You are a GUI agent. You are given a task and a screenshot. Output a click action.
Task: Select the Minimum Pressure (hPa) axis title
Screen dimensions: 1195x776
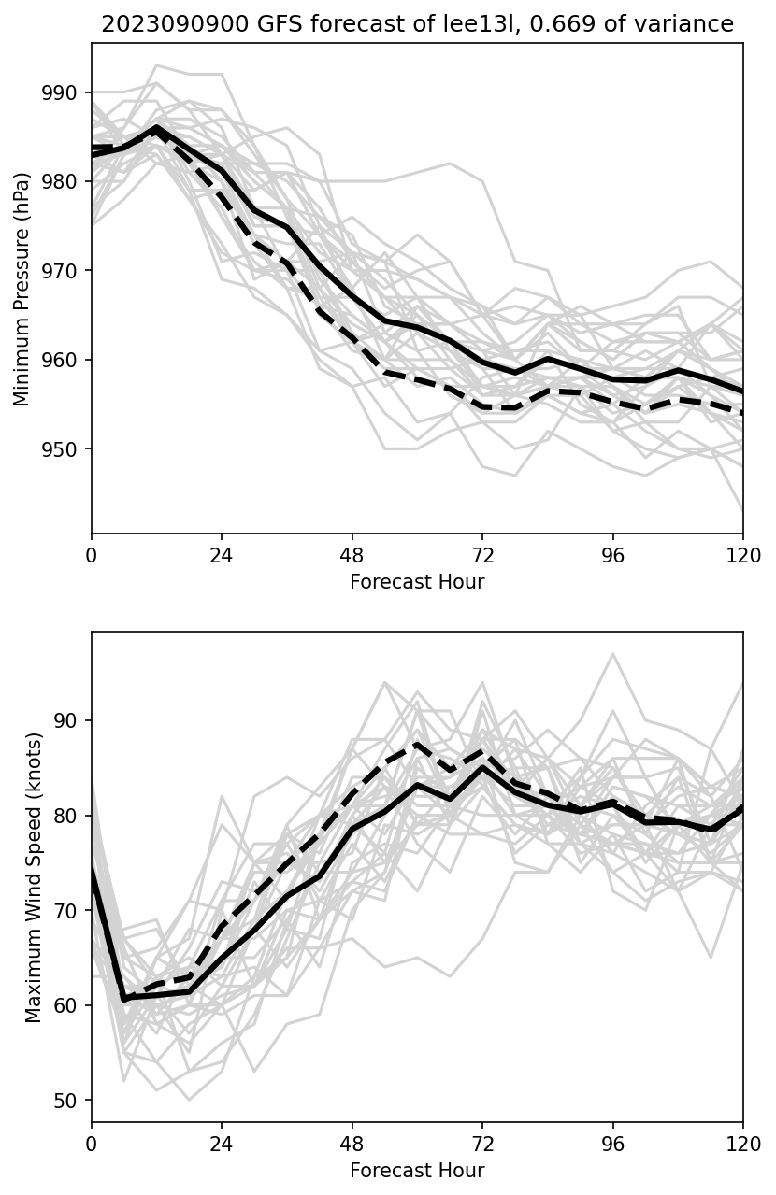(x=22, y=289)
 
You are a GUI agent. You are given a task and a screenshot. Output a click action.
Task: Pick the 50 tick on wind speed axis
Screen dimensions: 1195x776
(x=74, y=1101)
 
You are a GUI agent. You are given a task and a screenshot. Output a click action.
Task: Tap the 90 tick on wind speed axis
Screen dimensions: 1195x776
(x=74, y=721)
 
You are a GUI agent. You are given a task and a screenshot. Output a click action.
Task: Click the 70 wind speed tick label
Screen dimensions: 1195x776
(x=74, y=911)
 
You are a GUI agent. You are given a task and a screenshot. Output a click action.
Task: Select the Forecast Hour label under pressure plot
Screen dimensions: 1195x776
(x=417, y=582)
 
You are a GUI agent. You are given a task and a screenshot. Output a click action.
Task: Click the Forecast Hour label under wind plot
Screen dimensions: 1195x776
(x=417, y=1171)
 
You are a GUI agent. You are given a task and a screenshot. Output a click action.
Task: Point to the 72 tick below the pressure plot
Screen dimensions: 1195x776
(x=482, y=555)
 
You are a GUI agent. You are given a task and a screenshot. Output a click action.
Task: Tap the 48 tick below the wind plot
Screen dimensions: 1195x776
(x=352, y=1144)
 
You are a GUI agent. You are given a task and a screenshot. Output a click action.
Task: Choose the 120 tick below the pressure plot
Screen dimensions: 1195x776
(x=743, y=555)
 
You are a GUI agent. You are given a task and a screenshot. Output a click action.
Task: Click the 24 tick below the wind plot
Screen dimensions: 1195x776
(x=222, y=1144)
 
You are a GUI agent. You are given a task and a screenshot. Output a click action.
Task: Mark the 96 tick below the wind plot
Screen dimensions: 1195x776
(x=613, y=1144)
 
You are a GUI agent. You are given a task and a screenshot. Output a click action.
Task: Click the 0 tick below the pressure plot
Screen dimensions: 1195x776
(x=92, y=555)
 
